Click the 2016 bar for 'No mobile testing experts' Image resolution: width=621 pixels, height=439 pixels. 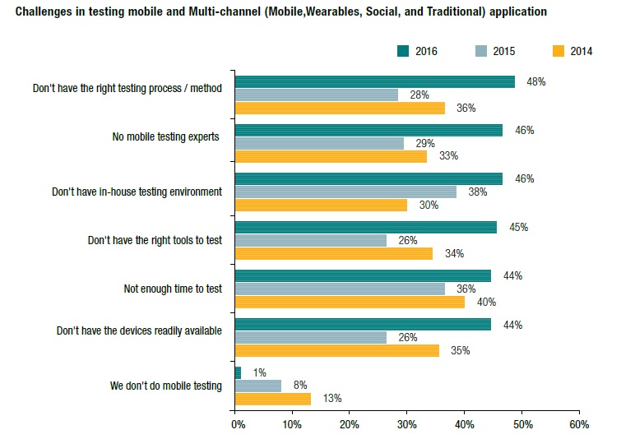(x=368, y=130)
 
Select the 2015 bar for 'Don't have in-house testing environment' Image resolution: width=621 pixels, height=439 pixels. (x=345, y=192)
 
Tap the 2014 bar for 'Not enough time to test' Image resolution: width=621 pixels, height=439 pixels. (x=350, y=302)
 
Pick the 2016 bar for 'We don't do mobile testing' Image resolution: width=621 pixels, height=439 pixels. (x=239, y=373)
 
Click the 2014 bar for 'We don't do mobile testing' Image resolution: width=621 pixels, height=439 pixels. (x=273, y=399)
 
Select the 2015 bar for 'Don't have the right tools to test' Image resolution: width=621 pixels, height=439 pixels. (x=311, y=240)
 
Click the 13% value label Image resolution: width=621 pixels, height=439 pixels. (x=332, y=399)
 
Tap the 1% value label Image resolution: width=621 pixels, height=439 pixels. (x=258, y=373)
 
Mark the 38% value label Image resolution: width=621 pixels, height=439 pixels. (x=478, y=192)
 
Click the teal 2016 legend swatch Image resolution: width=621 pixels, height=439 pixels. (x=403, y=51)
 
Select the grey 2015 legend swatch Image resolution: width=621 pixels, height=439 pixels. (x=482, y=51)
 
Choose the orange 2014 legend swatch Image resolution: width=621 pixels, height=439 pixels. (x=559, y=51)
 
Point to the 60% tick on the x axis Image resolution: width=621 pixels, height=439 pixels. (x=579, y=425)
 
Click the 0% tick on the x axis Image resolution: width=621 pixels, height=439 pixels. (x=237, y=425)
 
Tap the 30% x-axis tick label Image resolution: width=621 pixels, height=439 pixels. (x=408, y=425)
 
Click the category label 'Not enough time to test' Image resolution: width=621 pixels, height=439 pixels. (x=173, y=289)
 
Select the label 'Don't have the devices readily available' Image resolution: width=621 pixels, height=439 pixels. (x=140, y=331)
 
